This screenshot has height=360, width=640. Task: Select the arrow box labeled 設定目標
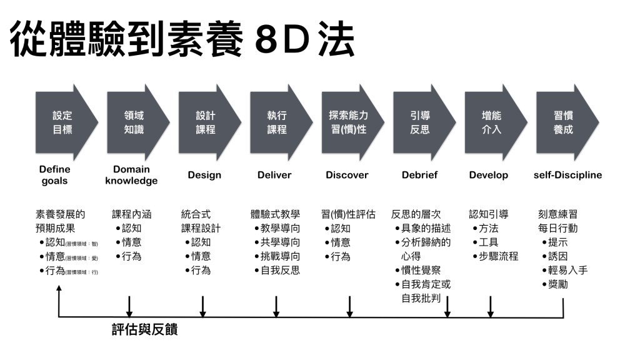point(63,122)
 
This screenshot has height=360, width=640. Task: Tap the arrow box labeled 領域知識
point(134,122)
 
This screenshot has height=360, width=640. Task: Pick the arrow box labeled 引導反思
point(421,122)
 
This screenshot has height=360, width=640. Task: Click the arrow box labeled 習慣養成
point(564,122)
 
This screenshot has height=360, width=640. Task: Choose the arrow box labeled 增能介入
point(492,122)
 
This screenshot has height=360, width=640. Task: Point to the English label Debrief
point(419,175)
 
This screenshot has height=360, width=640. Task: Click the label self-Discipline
point(567,175)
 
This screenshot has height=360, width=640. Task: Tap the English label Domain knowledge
point(131,175)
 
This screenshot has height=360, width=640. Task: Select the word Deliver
point(274,175)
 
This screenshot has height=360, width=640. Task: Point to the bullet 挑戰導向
point(280,256)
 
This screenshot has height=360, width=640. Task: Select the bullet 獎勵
point(557,285)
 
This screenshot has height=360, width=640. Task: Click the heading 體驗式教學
point(275,214)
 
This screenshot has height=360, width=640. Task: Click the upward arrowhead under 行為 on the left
point(59,289)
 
